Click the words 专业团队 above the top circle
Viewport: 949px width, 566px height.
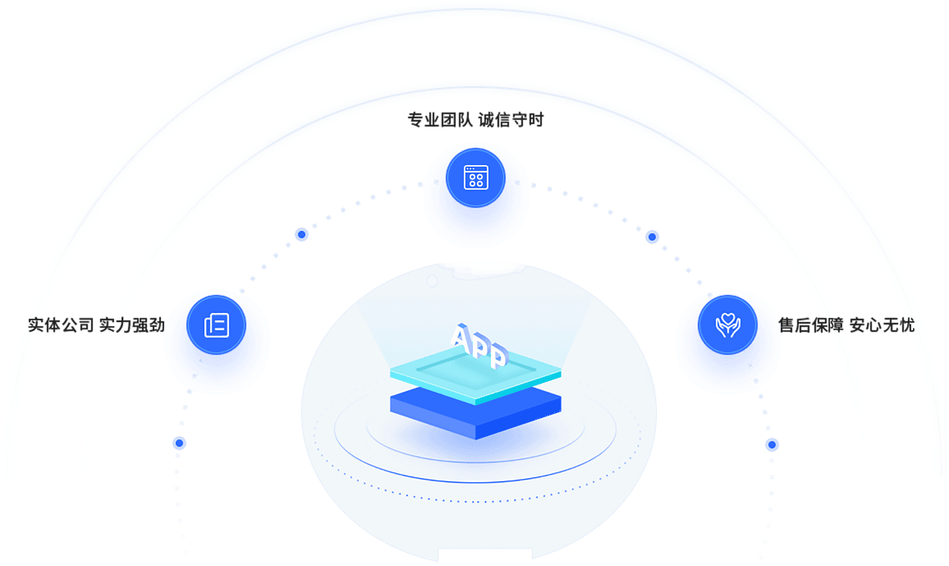click(440, 121)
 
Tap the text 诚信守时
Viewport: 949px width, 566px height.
click(511, 121)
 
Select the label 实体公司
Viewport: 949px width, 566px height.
click(61, 324)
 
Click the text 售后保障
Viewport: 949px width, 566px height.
click(811, 324)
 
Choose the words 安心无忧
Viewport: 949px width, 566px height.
click(882, 324)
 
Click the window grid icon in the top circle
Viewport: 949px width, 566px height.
click(476, 177)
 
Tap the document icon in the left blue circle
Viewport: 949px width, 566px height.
click(217, 324)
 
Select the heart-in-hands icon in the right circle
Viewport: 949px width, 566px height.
click(727, 324)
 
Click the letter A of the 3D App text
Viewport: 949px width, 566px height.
click(463, 338)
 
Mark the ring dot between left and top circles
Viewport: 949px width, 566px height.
click(301, 235)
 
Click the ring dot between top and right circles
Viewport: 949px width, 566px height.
click(652, 237)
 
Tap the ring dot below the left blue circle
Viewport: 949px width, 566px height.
click(179, 444)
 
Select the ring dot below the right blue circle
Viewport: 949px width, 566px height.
click(772, 444)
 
